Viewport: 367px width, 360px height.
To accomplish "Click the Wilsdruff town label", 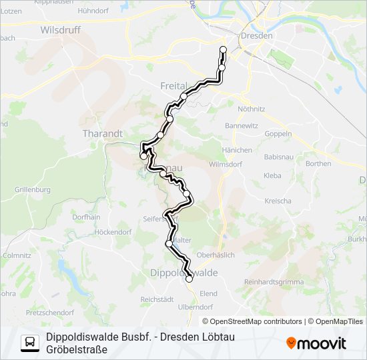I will click(61, 30).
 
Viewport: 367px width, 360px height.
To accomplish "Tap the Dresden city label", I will click(257, 35).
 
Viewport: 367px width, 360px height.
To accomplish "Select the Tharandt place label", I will click(102, 133).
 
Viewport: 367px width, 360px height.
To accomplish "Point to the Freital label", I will click(174, 86).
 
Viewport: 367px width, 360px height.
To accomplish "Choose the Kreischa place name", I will click(278, 201).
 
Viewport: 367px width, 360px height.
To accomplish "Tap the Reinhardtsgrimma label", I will click(273, 282).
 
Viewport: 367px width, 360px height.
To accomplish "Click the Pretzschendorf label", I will click(50, 312).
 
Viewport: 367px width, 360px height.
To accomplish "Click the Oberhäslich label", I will click(234, 254).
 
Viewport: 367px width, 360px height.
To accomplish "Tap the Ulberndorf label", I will click(196, 307).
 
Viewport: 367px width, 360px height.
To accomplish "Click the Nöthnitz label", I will click(251, 108).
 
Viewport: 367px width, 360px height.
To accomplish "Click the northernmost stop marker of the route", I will click(223, 49).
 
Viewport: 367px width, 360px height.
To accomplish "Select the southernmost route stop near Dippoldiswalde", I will click(189, 279).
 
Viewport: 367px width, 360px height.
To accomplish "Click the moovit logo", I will click(316, 343).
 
